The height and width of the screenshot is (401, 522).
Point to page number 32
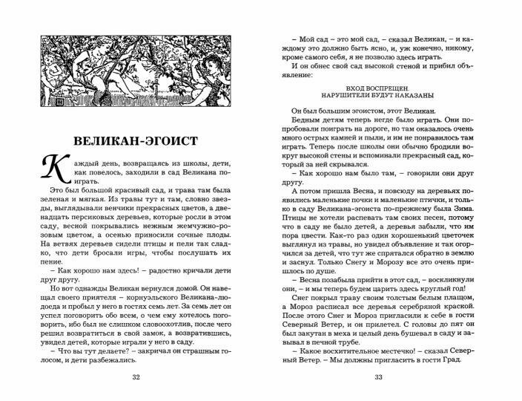coord(135,378)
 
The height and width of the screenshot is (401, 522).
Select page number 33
coord(378,378)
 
